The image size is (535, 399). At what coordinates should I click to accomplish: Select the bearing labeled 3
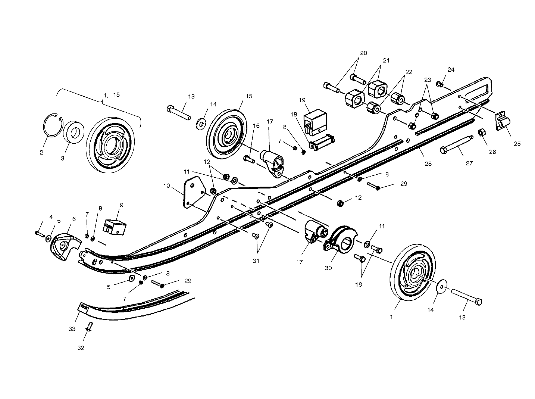75,132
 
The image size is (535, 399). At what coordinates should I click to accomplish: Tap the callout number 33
72,329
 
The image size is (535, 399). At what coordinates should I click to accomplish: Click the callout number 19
302,100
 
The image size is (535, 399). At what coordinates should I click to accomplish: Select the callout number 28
428,163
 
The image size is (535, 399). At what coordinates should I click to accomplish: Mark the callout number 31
256,261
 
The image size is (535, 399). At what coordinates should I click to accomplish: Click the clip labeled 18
322,142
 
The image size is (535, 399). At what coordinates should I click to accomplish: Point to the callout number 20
363,53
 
